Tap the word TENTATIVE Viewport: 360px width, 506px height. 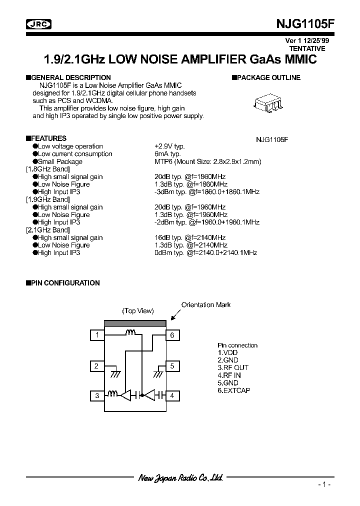coord(307,48)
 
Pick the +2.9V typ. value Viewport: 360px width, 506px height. coord(169,146)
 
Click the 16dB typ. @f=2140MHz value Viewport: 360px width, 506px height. coord(191,238)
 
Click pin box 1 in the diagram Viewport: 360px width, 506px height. coord(97,335)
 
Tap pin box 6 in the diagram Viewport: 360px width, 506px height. coord(172,335)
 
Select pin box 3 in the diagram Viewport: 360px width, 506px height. coord(97,396)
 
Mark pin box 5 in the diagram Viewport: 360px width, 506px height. coord(172,366)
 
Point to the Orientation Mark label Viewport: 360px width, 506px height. coord(205,304)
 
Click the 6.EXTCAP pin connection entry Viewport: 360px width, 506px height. coord(233,390)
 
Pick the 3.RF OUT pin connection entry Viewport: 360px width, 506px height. coord(233,367)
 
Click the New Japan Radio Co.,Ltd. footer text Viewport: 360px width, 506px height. coord(180,478)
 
